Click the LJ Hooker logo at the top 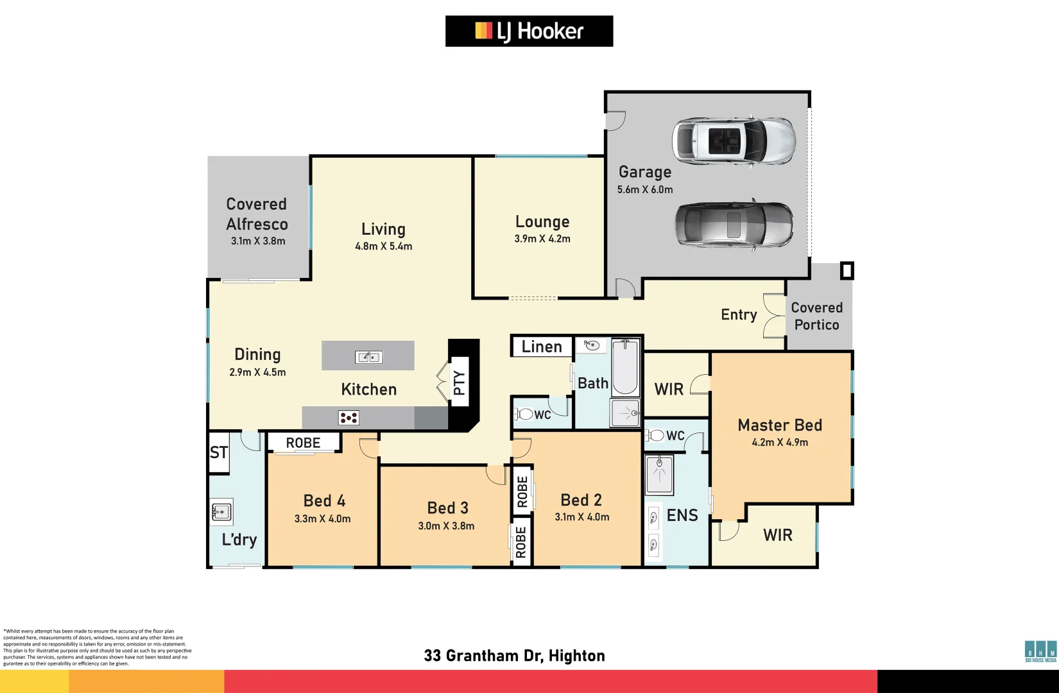point(529,31)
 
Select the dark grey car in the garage point(734,225)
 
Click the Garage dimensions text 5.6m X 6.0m point(645,190)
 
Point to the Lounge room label point(542,222)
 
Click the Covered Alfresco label point(257,214)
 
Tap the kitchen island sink point(368,357)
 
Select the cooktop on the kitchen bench point(349,418)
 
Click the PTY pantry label point(459,383)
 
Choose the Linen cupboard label point(541,347)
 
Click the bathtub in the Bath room point(625,368)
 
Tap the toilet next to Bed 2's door point(524,414)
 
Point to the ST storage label point(218,452)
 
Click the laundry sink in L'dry point(221,512)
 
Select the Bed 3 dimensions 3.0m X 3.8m point(446,526)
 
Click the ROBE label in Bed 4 point(303,443)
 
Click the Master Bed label point(780,425)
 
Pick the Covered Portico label point(816,316)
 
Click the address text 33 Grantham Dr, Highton point(514,656)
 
